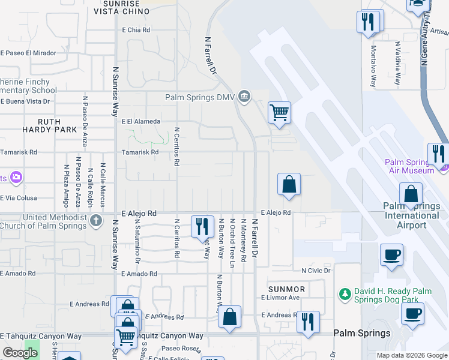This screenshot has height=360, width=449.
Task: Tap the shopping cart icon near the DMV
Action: pyautogui.click(x=279, y=112)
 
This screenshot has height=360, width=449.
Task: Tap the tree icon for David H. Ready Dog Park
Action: pyautogui.click(x=345, y=294)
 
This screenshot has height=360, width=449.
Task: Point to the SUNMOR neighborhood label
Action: pyautogui.click(x=287, y=289)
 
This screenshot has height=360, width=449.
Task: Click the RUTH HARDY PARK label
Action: pyautogui.click(x=50, y=125)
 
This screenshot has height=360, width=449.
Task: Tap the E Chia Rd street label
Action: pyautogui.click(x=136, y=29)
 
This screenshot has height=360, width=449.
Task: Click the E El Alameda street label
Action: pyautogui.click(x=141, y=121)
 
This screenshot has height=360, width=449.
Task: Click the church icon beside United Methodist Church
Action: pyautogui.click(x=95, y=221)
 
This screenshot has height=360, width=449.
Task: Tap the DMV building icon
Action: pyautogui.click(x=244, y=96)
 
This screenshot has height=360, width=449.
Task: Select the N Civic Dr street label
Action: pyautogui.click(x=316, y=271)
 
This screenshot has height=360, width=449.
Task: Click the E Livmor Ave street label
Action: pyautogui.click(x=280, y=298)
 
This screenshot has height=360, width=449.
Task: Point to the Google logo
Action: pyautogui.click(x=20, y=353)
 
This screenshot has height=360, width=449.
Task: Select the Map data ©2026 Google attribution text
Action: pyautogui.click(x=412, y=355)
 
